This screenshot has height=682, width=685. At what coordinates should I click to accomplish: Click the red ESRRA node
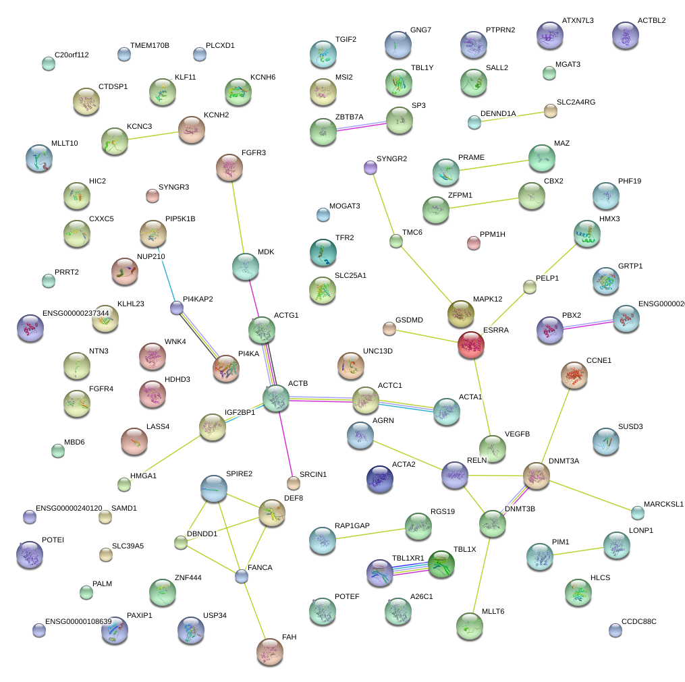tap(470, 344)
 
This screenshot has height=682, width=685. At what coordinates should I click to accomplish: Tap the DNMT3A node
tap(537, 476)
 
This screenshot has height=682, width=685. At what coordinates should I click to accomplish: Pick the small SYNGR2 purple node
tap(370, 167)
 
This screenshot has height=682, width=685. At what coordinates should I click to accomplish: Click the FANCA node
tap(242, 576)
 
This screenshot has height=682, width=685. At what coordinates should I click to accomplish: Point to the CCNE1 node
tap(574, 375)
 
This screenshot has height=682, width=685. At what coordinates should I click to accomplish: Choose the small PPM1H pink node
tap(474, 244)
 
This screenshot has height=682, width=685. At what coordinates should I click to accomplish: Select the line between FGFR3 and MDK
tap(237, 216)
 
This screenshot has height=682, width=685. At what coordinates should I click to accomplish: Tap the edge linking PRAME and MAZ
tap(493, 165)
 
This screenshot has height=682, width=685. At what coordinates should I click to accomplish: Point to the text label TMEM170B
tap(150, 46)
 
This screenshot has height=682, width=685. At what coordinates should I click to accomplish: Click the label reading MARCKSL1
tap(663, 504)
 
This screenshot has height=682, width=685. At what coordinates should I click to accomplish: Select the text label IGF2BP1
tap(240, 413)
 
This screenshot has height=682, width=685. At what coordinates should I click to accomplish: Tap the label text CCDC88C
tap(638, 621)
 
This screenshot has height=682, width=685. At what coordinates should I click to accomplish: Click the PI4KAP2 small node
tap(177, 308)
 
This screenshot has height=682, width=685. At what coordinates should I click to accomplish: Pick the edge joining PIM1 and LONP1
tap(578, 550)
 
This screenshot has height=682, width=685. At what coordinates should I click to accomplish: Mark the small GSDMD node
tap(389, 329)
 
